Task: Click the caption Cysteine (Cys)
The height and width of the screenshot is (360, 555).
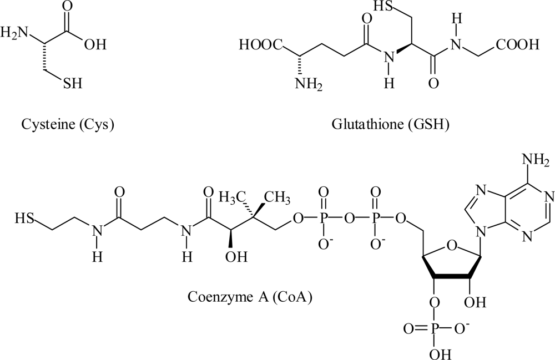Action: pos(67,125)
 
